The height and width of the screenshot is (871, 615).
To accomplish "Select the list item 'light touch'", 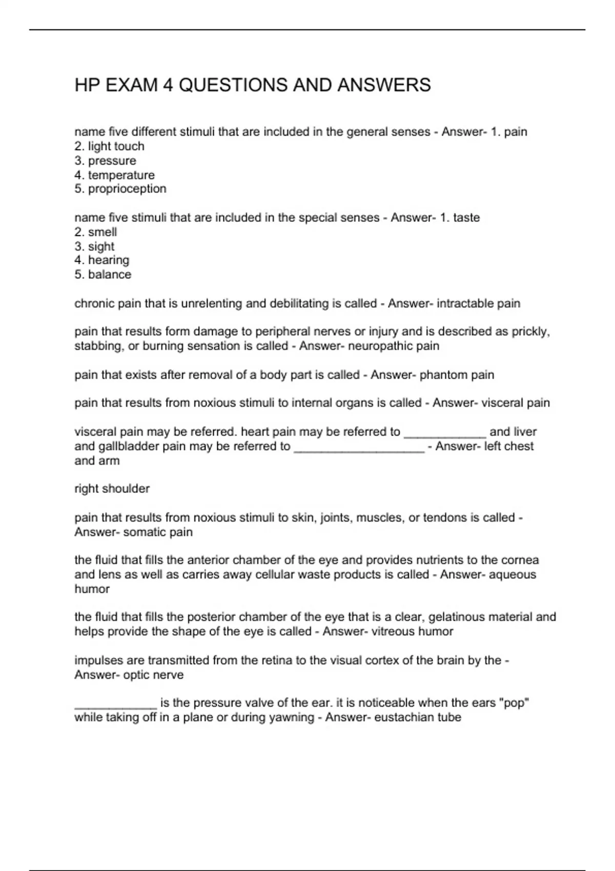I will [116, 147].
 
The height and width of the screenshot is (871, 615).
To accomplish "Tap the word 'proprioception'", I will [127, 189].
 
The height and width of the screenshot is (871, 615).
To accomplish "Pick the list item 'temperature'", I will [121, 175].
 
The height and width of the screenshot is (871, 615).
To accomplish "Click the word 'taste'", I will [466, 218].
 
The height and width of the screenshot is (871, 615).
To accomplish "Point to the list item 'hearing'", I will [109, 260].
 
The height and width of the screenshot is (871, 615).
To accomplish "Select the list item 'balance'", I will [110, 275].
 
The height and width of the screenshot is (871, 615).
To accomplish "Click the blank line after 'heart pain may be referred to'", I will [445, 433].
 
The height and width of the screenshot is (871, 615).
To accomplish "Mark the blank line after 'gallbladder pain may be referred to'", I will [359, 448].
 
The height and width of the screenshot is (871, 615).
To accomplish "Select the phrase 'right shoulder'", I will [112, 489].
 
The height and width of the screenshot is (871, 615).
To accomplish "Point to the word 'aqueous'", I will [512, 575].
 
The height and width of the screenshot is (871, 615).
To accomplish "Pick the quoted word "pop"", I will [514, 703].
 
